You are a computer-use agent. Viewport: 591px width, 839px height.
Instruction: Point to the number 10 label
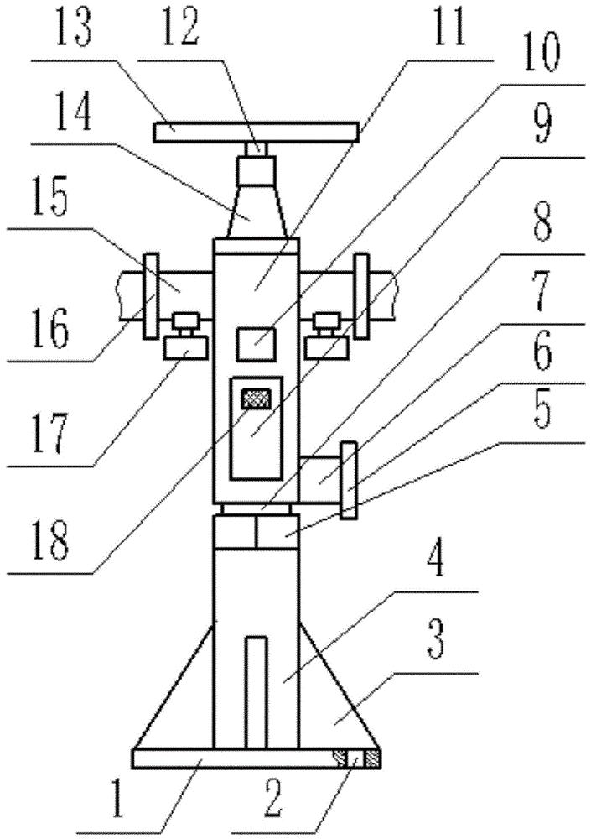[x=541, y=53]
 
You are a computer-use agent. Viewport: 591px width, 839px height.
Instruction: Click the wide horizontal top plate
[x=255, y=132]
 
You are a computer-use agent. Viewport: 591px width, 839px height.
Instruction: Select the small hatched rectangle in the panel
[x=256, y=399]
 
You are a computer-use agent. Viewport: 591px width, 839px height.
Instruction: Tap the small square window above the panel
[x=256, y=344]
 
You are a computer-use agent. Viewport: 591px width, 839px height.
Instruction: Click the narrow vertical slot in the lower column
[x=256, y=692]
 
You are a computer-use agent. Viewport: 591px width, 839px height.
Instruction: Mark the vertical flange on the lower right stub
[x=349, y=480]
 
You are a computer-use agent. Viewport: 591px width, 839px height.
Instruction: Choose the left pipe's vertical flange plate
[x=151, y=296]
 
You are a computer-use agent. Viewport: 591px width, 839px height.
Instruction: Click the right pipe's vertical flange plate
[x=361, y=296]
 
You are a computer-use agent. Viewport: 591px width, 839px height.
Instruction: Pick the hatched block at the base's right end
[x=372, y=758]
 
